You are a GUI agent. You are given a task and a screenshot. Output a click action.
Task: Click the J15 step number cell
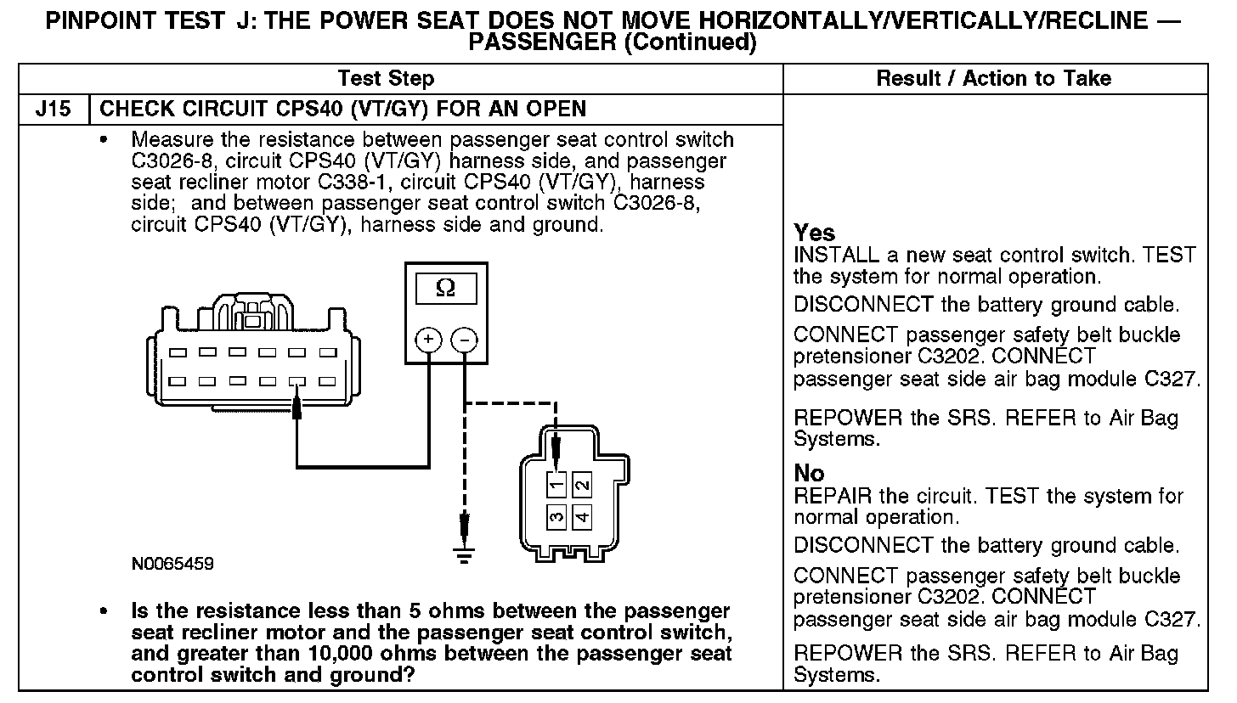(x=53, y=110)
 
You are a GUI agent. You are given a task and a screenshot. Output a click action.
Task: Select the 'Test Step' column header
(x=386, y=79)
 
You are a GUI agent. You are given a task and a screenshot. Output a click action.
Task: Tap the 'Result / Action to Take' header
(x=993, y=79)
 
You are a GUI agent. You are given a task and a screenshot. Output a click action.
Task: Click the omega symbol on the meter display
(x=444, y=289)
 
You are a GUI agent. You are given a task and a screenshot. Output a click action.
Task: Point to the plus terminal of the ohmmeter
(x=427, y=340)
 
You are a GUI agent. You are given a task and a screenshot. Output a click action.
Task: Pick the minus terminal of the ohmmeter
(x=464, y=340)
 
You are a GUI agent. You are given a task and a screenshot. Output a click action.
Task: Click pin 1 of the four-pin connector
(x=555, y=486)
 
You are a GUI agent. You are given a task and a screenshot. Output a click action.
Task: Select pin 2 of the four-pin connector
(x=582, y=486)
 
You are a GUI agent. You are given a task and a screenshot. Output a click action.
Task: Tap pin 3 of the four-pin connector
(x=555, y=515)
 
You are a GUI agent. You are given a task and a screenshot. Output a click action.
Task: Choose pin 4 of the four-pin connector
(x=582, y=515)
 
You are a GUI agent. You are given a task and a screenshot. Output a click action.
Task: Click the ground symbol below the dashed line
(x=464, y=554)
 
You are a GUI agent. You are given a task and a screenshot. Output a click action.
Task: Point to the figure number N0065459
(x=172, y=564)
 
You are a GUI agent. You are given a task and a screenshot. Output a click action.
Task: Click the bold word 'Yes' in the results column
(x=814, y=233)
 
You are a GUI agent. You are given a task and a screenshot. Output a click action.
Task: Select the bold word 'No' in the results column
(x=809, y=474)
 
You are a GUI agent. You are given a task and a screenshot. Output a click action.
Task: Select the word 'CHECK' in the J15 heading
(x=132, y=110)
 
